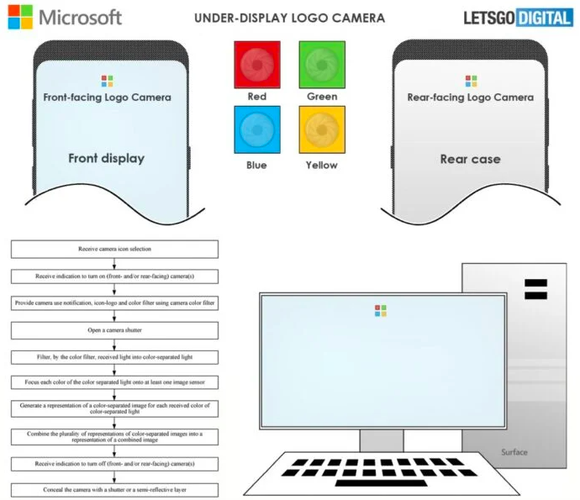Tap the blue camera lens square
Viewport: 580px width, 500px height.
coord(257,131)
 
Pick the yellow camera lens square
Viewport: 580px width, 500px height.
coord(322,131)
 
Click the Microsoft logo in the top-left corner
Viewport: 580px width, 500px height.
coord(65,17)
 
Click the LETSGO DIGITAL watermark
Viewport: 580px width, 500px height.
coord(517,17)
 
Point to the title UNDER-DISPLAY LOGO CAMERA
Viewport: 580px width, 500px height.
coord(290,17)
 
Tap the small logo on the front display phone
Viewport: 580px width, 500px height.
coord(107,81)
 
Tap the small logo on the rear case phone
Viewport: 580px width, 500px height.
coord(471,81)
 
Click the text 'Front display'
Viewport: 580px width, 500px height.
coord(107,158)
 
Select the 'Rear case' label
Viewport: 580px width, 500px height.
coord(471,159)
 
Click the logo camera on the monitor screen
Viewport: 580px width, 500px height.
coord(381,310)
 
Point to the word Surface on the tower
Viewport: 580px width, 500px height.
coord(514,452)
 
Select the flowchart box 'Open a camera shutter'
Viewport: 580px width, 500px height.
coord(114,329)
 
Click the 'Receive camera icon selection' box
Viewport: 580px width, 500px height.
coord(114,250)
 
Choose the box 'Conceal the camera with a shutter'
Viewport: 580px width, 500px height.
coord(114,489)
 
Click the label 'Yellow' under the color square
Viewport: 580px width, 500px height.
coord(322,165)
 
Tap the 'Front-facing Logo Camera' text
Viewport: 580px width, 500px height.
coord(107,97)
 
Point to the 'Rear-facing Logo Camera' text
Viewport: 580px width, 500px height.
coord(471,97)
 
